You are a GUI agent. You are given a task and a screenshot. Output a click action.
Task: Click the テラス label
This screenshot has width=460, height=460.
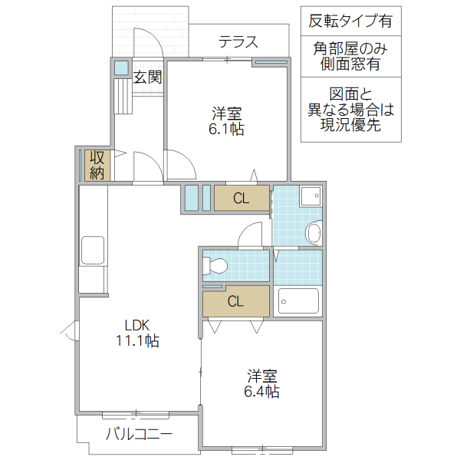(x=238, y=42)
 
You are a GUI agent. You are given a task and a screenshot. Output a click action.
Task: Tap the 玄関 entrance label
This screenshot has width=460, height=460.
(x=147, y=77)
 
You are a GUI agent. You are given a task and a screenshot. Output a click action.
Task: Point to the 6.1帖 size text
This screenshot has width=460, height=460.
(x=227, y=130)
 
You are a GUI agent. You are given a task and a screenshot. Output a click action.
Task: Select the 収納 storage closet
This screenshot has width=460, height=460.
(x=97, y=165)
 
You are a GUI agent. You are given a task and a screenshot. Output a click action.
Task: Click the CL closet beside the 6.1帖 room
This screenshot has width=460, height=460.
(x=241, y=199)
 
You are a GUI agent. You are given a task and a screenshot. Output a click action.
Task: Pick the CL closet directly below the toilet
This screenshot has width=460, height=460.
(x=235, y=301)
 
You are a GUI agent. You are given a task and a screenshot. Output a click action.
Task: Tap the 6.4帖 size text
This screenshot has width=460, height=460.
(x=261, y=392)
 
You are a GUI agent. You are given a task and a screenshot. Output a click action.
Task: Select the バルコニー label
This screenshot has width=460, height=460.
(x=139, y=434)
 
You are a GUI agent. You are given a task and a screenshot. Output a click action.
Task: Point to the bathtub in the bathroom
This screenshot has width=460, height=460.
(x=298, y=301)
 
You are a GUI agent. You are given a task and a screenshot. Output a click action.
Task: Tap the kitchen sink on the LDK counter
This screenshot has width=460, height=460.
(x=93, y=250)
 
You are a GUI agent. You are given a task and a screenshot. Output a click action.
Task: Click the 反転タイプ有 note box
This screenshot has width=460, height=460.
(x=350, y=21)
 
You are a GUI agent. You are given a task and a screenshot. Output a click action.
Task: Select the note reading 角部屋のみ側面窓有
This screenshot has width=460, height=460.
(x=350, y=56)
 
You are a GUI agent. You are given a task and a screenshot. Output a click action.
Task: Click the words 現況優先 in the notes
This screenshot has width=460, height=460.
(x=350, y=126)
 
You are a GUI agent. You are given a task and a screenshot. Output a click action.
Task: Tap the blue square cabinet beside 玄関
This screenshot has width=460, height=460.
(x=121, y=67)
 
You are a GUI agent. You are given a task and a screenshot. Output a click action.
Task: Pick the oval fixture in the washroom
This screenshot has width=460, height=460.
(x=313, y=232)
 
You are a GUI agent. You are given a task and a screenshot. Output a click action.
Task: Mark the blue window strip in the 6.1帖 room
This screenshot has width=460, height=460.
(x=271, y=63)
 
